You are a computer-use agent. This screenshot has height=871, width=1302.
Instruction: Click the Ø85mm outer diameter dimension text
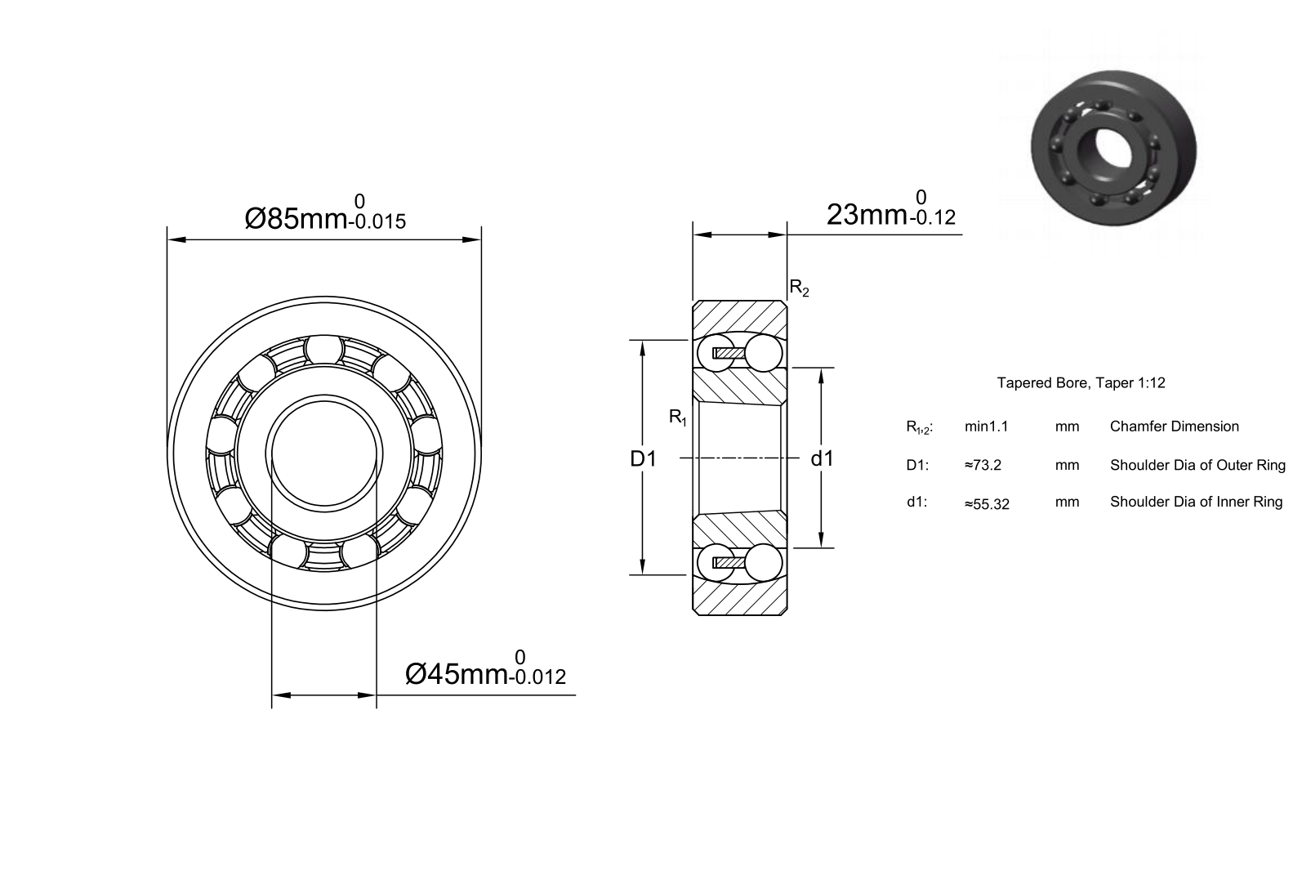(x=296, y=219)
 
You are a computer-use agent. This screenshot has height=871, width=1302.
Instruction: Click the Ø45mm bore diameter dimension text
(x=457, y=674)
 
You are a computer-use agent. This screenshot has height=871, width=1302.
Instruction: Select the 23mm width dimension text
(x=867, y=215)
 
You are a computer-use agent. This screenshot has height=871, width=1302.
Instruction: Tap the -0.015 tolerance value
(x=377, y=221)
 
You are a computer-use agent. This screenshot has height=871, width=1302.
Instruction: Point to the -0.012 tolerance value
(x=537, y=677)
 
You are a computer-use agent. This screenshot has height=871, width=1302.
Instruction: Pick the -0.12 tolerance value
(x=932, y=217)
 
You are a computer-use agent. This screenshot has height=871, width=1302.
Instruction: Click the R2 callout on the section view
(x=799, y=288)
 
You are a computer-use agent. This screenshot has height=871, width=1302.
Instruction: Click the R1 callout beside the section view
(x=678, y=417)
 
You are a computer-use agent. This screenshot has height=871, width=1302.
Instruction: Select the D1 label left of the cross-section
(x=643, y=459)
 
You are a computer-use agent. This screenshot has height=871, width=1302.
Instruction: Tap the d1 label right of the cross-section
(x=822, y=458)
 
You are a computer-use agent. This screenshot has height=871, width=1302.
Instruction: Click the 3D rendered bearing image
(x=1113, y=148)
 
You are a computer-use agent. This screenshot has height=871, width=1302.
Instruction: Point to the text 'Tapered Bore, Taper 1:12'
(x=1081, y=382)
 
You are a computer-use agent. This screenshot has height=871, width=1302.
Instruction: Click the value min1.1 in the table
(x=987, y=427)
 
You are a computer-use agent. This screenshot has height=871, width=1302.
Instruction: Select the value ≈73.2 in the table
(x=983, y=465)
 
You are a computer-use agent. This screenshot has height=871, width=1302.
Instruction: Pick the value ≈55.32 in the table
(x=987, y=504)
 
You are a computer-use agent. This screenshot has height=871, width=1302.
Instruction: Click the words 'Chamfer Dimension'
(x=1174, y=427)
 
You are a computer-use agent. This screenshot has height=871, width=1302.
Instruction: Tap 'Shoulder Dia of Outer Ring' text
(x=1197, y=465)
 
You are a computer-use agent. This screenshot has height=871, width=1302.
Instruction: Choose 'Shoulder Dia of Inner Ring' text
(x=1196, y=502)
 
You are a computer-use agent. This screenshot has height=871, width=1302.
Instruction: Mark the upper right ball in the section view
(x=763, y=352)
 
